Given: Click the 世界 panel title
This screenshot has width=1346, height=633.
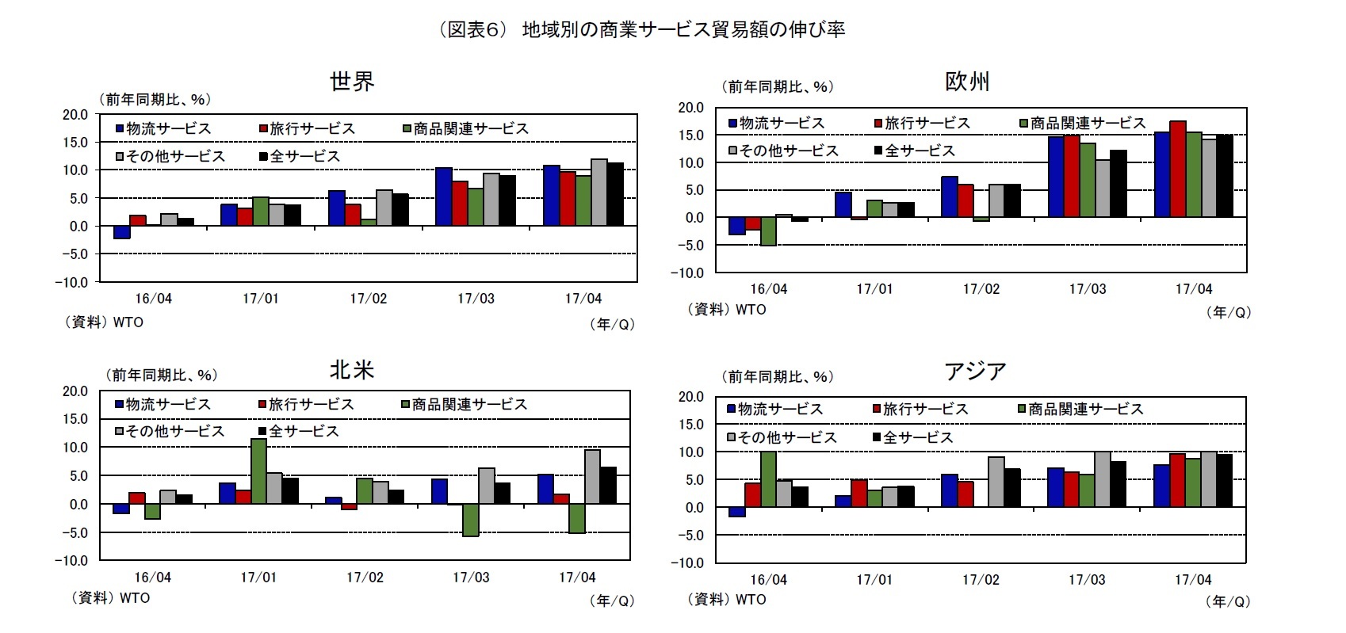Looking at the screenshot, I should coord(352,81).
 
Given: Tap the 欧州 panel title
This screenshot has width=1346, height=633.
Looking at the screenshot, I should coord(967,81).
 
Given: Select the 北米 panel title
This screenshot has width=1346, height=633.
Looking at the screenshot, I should coord(352,370).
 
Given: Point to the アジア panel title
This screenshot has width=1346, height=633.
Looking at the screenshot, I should coord(975,371).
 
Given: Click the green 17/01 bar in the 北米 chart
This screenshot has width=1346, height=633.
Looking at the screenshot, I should coord(258,471).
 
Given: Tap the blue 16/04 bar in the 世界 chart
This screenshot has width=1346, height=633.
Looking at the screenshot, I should coord(122,232).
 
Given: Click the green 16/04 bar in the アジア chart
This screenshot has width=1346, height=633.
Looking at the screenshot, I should coord(768,479).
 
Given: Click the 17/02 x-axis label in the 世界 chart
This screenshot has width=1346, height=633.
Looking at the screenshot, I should coord(369,299).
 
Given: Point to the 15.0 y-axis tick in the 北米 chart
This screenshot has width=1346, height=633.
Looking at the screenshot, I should coord(76,418).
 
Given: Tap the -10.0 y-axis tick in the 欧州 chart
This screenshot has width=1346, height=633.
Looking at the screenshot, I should coord(688,273).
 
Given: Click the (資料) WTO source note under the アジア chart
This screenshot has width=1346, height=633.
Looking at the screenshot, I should coord(728,600).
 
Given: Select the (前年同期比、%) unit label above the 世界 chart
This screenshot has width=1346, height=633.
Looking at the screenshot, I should coord(155,99).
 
